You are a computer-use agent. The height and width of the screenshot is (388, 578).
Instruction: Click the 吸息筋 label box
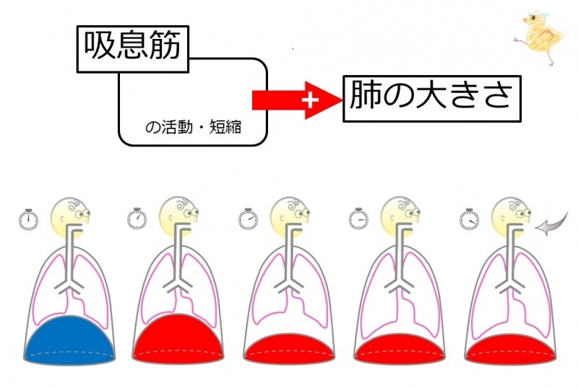pyautogui.click(x=133, y=49)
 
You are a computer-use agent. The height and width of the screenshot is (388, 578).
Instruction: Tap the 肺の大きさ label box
pyautogui.click(x=432, y=99)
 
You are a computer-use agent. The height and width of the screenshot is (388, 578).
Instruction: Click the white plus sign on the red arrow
pyautogui.click(x=310, y=100)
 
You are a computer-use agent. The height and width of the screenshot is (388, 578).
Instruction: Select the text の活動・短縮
pyautogui.click(x=194, y=128)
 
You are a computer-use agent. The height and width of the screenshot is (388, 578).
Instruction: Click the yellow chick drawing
pyautogui.click(x=540, y=38)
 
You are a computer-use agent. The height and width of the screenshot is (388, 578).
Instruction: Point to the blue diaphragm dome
pyautogui.click(x=69, y=340)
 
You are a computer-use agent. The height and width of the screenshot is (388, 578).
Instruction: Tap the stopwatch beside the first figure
pyautogui.click(x=28, y=220)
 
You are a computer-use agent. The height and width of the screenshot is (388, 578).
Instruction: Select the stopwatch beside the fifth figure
pyautogui.click(x=469, y=219)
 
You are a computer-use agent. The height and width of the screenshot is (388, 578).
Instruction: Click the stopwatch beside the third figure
pyautogui.click(x=248, y=219)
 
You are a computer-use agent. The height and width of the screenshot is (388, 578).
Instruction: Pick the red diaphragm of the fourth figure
pyautogui.click(x=400, y=348)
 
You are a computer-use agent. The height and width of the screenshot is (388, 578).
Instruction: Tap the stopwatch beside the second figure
pyautogui.click(x=137, y=219)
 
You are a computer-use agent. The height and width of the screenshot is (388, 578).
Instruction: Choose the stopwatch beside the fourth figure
pyautogui.click(x=358, y=219)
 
